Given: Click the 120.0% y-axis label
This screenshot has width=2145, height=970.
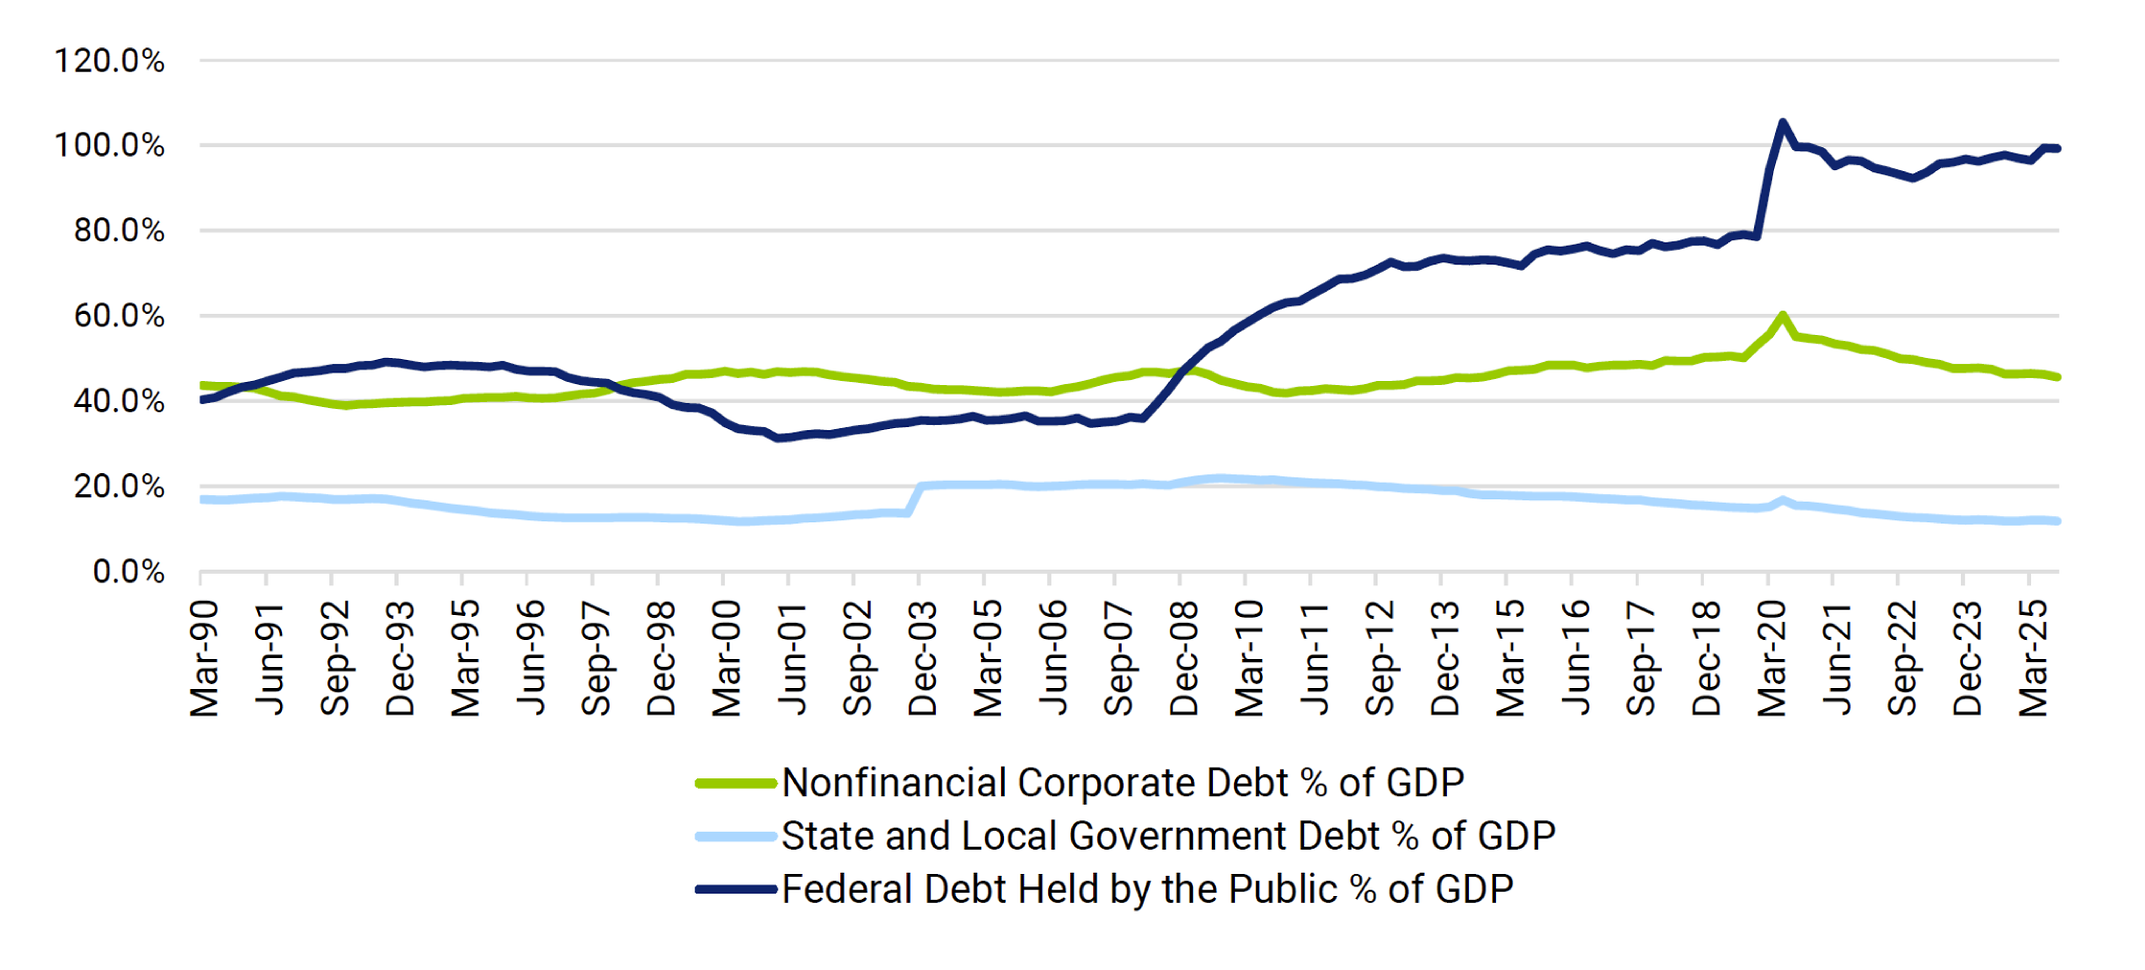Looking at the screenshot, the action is [x=109, y=61].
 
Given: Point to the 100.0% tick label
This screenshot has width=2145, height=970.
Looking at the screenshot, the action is [x=109, y=146].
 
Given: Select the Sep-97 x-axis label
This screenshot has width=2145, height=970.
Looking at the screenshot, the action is [x=596, y=658].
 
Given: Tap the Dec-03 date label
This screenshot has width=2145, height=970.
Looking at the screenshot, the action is [x=923, y=658].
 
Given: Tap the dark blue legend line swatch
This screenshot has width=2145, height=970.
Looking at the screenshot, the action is [x=736, y=889].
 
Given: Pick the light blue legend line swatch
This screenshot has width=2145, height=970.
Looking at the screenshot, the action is [x=736, y=836].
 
